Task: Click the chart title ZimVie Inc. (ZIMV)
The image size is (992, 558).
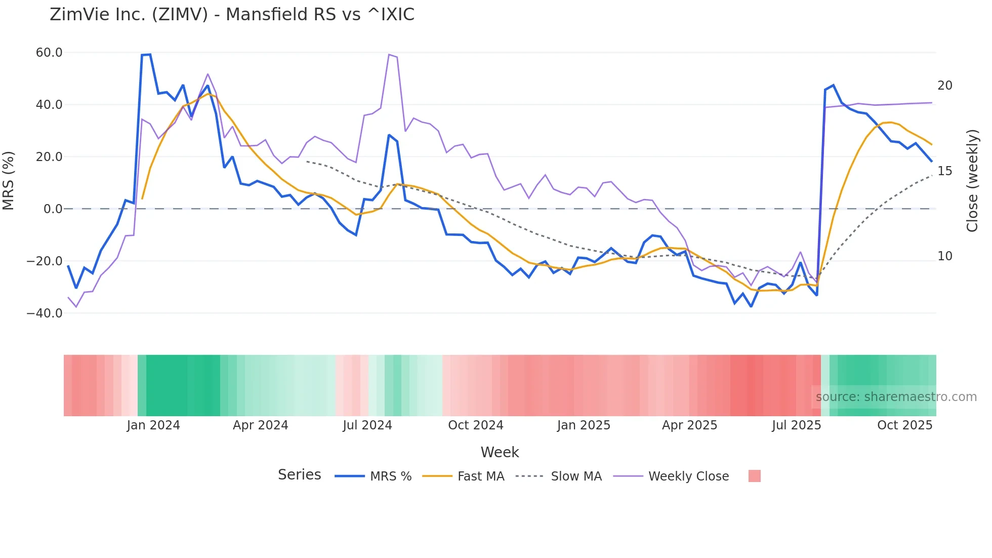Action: coord(232,15)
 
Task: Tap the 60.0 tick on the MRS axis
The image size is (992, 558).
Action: coord(49,53)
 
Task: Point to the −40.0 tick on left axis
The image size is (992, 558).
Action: coord(45,313)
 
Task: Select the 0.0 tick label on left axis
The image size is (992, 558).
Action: coord(53,209)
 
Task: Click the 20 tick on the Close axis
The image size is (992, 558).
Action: coord(944,86)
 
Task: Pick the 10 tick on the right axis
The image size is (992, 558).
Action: coord(944,256)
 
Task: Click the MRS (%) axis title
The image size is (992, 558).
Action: coord(9,181)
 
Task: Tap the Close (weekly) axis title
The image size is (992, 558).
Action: coord(972,181)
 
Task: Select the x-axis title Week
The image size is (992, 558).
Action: coord(500,452)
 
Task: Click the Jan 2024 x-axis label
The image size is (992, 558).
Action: coord(153,425)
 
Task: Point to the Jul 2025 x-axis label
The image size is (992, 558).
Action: coord(796,425)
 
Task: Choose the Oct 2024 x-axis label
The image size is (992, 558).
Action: coord(475,425)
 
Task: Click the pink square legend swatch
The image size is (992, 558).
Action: coord(754,476)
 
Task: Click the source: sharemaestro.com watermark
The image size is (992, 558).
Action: coord(896,397)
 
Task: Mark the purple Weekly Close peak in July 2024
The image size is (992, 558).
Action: coord(389,55)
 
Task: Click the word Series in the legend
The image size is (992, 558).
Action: coord(299,475)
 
